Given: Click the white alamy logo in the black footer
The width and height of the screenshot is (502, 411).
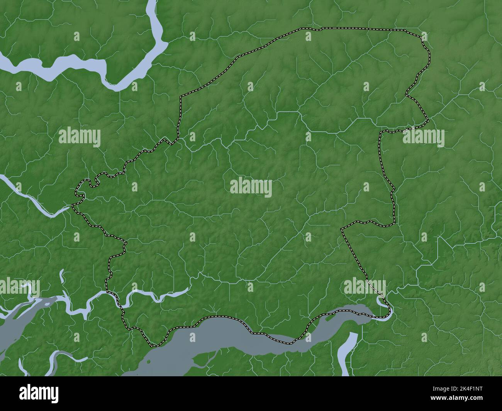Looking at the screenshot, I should [39, 393].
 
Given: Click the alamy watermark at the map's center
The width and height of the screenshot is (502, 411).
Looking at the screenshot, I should [251, 188].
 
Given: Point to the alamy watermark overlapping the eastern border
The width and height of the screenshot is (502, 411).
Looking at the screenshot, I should [424, 137].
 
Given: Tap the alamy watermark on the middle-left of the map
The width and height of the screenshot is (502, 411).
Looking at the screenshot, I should [80, 137].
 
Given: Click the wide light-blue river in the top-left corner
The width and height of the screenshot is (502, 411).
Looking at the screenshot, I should [77, 64].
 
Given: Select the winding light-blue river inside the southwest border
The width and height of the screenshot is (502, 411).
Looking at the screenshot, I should [154, 295].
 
